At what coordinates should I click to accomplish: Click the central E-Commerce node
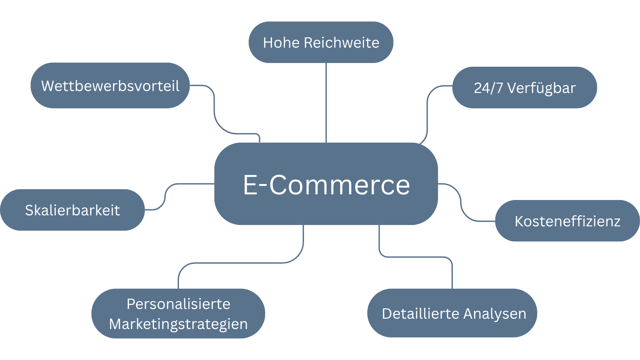tap(326, 184)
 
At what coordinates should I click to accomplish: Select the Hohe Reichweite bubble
tap(321, 42)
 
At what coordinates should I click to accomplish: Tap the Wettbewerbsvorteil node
tap(110, 85)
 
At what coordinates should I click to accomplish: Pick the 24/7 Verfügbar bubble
tap(525, 88)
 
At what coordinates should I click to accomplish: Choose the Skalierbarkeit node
tap(72, 210)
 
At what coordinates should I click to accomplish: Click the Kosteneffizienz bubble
tap(567, 221)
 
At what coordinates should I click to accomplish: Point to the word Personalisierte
tap(178, 304)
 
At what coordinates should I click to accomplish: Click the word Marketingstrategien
tap(178, 324)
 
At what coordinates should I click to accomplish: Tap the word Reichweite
tap(342, 43)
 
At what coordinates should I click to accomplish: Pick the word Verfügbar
tap(541, 88)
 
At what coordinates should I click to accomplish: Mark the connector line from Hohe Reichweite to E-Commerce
tap(326, 103)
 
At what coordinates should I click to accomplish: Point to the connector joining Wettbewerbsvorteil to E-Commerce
tap(214, 110)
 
